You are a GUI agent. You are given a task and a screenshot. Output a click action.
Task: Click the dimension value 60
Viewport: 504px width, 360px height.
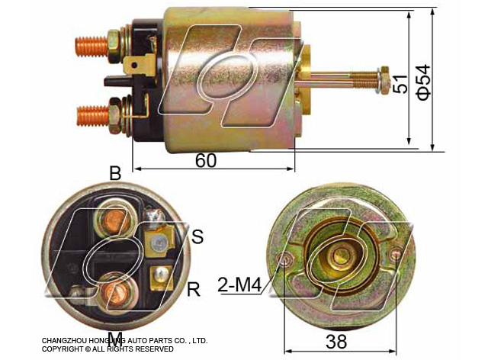(x=206, y=160)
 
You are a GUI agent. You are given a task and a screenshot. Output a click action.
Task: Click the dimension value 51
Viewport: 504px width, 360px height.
(x=400, y=84)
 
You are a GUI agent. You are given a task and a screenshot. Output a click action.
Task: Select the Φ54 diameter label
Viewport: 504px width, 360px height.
(x=423, y=82)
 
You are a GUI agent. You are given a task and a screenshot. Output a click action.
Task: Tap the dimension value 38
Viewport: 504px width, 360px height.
(x=336, y=342)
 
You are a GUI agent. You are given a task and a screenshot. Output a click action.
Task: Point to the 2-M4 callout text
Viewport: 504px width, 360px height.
(x=239, y=284)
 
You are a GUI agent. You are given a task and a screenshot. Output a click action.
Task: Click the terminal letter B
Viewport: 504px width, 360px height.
(x=115, y=173)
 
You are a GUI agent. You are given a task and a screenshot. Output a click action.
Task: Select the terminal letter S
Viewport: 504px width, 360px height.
(x=197, y=236)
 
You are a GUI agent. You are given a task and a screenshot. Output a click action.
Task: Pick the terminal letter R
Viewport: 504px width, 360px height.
(x=194, y=289)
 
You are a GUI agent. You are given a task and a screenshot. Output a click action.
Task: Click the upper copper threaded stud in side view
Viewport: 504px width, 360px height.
(x=91, y=47)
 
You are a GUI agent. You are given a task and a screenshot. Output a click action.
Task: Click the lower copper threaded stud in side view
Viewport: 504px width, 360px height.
(x=93, y=115)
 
